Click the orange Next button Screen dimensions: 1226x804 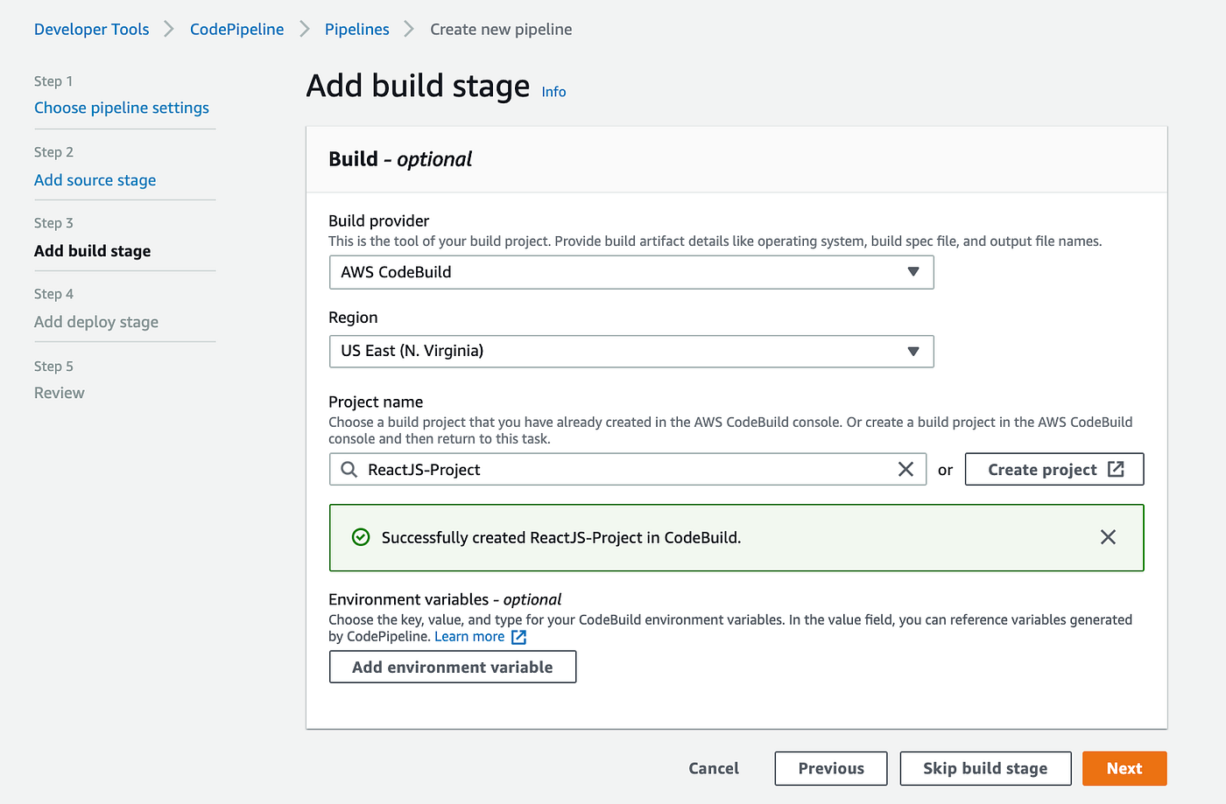pos(1124,768)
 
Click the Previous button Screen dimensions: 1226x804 pos(830,768)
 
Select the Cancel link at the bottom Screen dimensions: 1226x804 pos(713,768)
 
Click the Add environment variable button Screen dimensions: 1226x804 pos(452,667)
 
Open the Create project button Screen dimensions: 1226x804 pos(1053,469)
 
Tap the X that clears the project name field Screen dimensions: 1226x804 pos(905,469)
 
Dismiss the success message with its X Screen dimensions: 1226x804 pos(1108,537)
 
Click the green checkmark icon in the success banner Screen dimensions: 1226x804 pos(361,537)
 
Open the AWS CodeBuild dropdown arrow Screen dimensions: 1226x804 pos(913,272)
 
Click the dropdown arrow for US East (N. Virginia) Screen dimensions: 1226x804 pos(913,351)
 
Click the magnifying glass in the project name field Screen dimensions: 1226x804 pos(349,469)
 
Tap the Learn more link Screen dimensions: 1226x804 pos(469,637)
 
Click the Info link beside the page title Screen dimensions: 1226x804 pos(553,92)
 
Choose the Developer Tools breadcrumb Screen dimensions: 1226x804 pos(91,30)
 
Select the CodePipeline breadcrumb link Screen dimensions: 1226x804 pos(236,30)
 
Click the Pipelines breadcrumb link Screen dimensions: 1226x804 pos(356,30)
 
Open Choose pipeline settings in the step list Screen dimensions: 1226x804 pos(122,108)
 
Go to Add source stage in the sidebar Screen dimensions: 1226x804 pos(95,180)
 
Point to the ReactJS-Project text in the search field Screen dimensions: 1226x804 pos(424,470)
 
